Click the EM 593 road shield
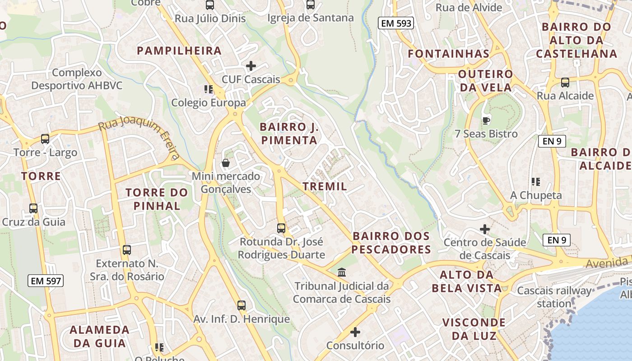point(396,23)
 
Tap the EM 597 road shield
point(46,281)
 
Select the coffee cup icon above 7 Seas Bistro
point(486,120)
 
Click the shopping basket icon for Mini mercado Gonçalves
point(225,162)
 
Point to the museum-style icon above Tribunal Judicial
point(342,273)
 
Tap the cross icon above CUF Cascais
point(251,66)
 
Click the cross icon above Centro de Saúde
point(485,229)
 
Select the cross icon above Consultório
point(355,333)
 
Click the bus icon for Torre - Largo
point(45,139)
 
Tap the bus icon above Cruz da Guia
point(33,208)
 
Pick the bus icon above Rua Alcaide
point(565,83)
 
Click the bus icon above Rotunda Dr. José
point(281,228)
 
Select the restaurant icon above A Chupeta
point(536,182)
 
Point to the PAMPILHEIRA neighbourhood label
point(179,51)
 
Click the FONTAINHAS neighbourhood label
point(449,54)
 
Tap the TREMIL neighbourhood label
point(325,186)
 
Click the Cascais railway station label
point(554,297)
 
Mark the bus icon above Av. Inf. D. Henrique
point(242,305)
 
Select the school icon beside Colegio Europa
point(208,89)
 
